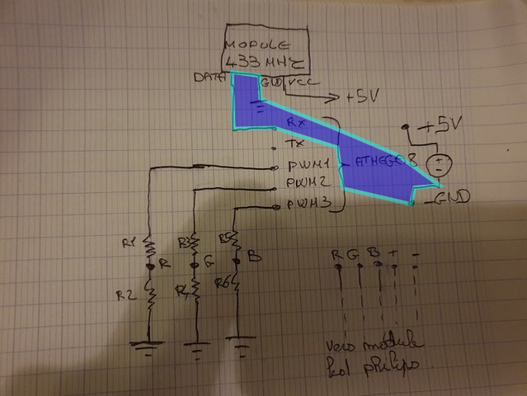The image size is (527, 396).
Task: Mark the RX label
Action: (x=296, y=121)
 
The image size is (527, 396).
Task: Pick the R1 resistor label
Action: (x=129, y=243)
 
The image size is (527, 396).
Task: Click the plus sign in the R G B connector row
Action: (x=395, y=251)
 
